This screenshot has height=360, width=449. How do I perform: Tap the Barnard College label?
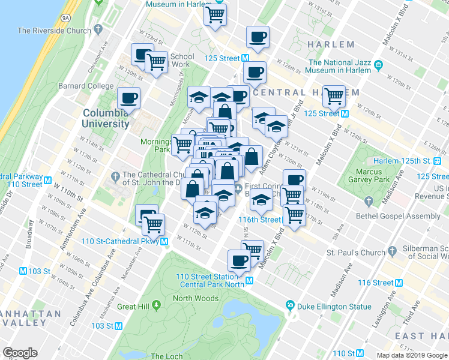[x=86, y=86]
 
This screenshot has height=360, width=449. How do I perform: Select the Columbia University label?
[x=106, y=118]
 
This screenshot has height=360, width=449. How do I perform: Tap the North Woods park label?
[x=196, y=298]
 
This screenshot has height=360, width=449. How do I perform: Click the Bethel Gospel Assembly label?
[x=406, y=216]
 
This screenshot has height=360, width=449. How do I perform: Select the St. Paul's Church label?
[x=357, y=253]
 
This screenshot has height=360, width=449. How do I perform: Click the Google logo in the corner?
[x=20, y=353]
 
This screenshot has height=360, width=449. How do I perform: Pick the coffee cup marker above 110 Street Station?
[x=239, y=260]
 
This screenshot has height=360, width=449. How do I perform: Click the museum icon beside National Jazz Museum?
[x=378, y=65]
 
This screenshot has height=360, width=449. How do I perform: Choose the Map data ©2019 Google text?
[x=412, y=355]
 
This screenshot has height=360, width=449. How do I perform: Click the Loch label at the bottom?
[x=166, y=356]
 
